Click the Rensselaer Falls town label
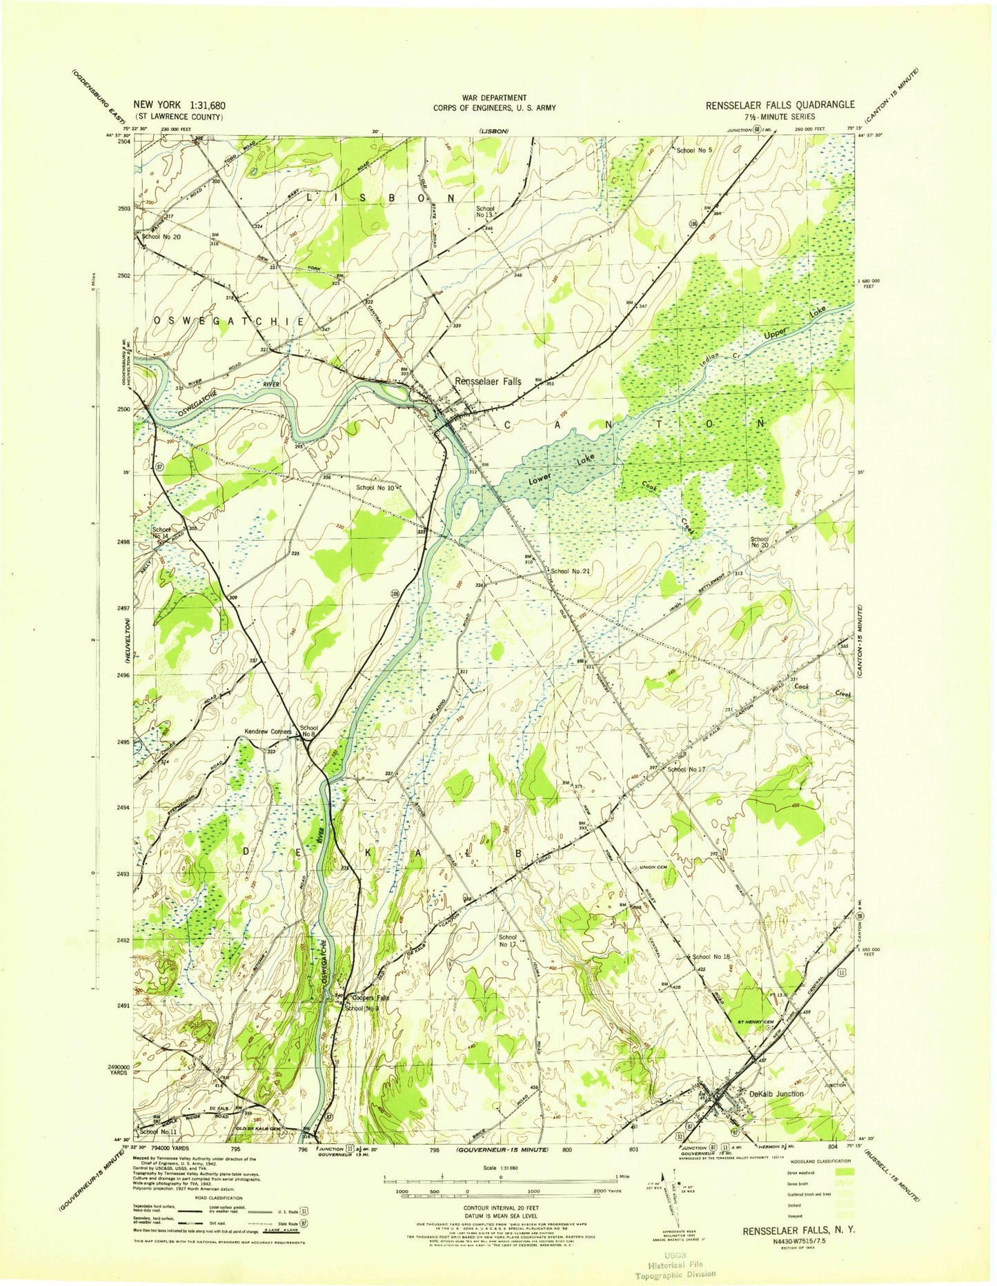[488, 381]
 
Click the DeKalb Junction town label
[776, 1094]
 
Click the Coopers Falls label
[371, 998]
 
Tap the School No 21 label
[571, 571]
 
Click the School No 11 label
[158, 1132]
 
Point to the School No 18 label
[711, 957]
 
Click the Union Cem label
[653, 867]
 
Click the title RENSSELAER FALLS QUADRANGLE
[779, 105]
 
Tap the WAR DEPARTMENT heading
[494, 98]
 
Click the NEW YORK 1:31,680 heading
[180, 106]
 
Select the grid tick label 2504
[124, 141]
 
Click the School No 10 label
[375, 488]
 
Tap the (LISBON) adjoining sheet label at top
[494, 131]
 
